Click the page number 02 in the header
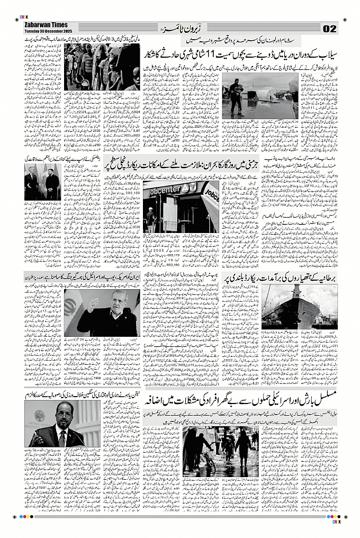coord(329,28)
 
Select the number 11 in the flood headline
coord(211,55)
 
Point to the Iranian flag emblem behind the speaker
coord(70,307)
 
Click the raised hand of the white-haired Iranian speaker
coord(94,304)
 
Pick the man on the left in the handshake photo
coord(33,183)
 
